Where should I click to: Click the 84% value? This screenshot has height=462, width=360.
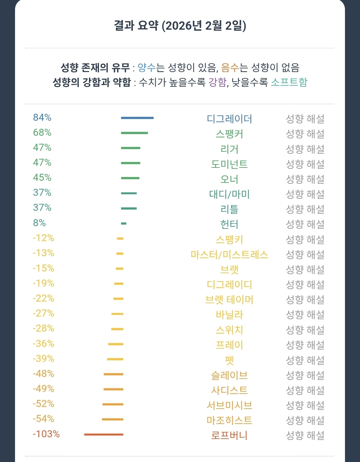pos(42,117)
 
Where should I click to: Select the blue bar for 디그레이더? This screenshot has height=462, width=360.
pos(137,118)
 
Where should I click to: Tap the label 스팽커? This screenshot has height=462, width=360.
pos(229,134)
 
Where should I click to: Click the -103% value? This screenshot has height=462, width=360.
pos(46,434)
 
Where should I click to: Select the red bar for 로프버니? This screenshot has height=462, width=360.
pos(104,434)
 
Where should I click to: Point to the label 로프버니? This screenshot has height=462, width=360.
pos(229,435)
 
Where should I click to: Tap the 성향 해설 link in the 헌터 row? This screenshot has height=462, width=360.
pos(305,224)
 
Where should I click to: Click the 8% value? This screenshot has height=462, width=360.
pos(39,223)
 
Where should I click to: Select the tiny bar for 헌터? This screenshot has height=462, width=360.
pos(124,223)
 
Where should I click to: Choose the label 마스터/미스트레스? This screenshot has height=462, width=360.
pos(229,255)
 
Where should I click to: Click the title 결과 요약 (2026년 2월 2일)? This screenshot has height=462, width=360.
pos(180,26)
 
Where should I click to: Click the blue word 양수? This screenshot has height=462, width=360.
pos(147,68)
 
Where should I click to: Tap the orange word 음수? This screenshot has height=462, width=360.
pos(230,68)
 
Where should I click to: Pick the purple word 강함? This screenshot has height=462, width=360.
pos(217,82)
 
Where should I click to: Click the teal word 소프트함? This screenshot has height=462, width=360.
pos(289,82)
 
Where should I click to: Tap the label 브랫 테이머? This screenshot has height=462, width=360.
pos(229,300)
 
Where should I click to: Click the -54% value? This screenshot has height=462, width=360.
pos(43,419)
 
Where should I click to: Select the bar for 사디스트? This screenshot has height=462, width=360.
pos(113,389)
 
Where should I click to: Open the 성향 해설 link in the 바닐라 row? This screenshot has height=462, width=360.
pos(305,315)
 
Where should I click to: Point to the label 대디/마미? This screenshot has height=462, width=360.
pos(229,194)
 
